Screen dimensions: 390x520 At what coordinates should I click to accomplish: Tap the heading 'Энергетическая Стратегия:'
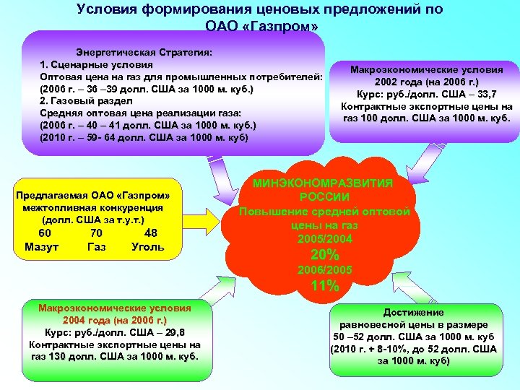click(144, 53)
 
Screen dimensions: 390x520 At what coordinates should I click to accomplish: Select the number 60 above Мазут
click(45, 233)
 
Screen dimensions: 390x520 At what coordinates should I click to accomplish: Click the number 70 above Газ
click(96, 233)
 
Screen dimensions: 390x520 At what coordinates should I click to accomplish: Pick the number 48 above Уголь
click(151, 233)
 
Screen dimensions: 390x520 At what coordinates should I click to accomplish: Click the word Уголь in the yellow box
click(148, 248)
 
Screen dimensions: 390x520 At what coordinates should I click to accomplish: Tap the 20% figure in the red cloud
click(324, 255)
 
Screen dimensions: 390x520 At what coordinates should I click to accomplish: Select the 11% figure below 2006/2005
click(324, 286)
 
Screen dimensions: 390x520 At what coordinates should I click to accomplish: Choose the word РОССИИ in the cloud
click(325, 198)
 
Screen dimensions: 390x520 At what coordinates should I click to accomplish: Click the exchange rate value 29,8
click(174, 332)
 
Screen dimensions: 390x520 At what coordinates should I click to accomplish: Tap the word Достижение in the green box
click(414, 313)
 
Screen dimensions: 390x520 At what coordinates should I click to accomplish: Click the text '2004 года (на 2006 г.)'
click(115, 320)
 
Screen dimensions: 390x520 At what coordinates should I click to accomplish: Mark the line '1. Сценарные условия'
click(95, 65)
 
